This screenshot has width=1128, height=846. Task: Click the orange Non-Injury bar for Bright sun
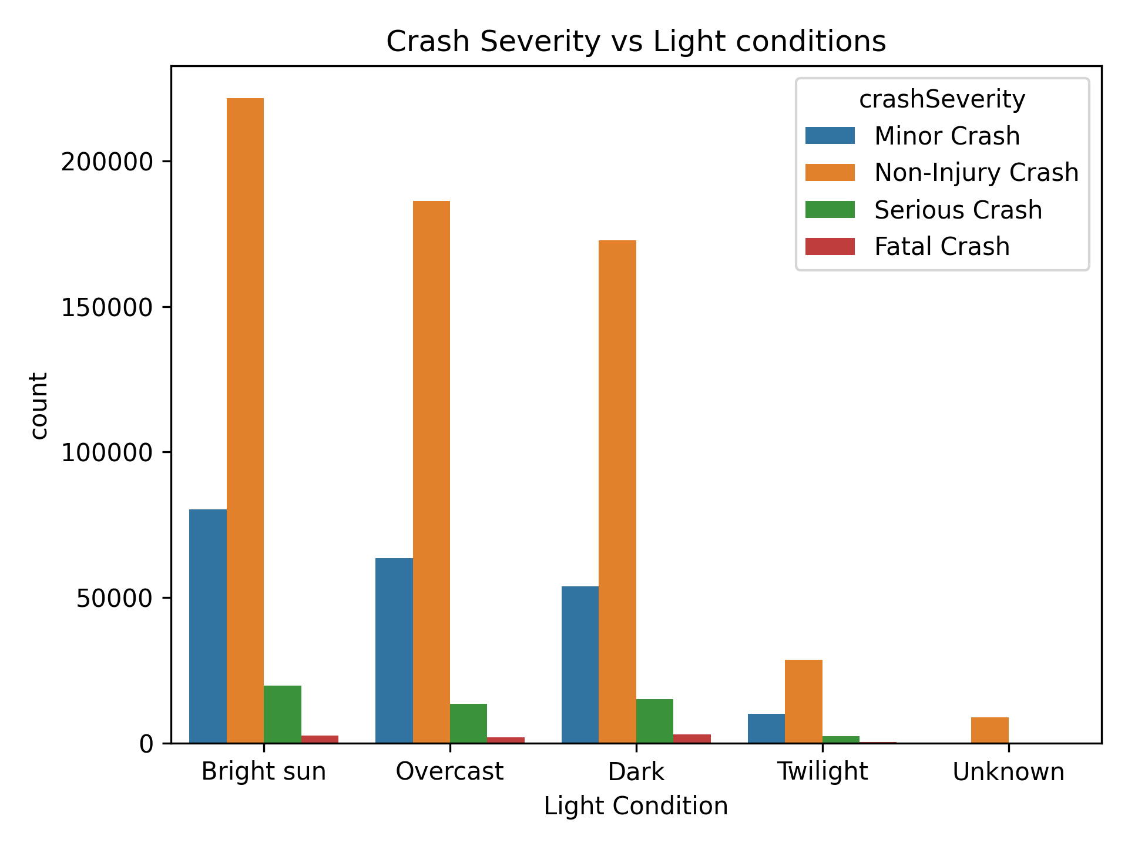click(x=245, y=420)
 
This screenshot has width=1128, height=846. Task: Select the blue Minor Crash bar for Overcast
click(x=394, y=650)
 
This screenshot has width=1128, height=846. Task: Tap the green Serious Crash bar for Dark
click(x=654, y=721)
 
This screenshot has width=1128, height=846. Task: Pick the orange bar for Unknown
click(x=989, y=730)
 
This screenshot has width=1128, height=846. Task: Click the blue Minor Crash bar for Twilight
click(x=766, y=728)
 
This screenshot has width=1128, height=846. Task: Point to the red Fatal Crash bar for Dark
click(x=691, y=739)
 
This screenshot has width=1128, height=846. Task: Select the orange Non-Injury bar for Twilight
click(x=803, y=701)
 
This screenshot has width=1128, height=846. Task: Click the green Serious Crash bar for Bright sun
click(x=282, y=714)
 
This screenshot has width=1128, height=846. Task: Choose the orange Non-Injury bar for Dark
click(x=617, y=491)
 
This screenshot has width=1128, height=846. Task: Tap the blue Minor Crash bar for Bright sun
click(x=207, y=626)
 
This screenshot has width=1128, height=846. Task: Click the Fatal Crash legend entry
click(x=941, y=247)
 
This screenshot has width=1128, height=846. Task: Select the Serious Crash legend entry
click(x=958, y=210)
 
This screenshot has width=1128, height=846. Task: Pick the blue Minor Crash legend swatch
click(x=830, y=136)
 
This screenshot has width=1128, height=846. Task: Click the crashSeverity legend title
click(x=942, y=99)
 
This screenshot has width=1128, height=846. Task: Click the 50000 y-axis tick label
click(x=115, y=598)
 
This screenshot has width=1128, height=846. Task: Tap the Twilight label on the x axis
click(x=822, y=771)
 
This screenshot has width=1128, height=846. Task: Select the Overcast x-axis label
click(x=449, y=771)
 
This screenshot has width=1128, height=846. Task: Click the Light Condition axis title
click(x=636, y=806)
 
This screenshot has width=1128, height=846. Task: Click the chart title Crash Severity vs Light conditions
click(x=636, y=42)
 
